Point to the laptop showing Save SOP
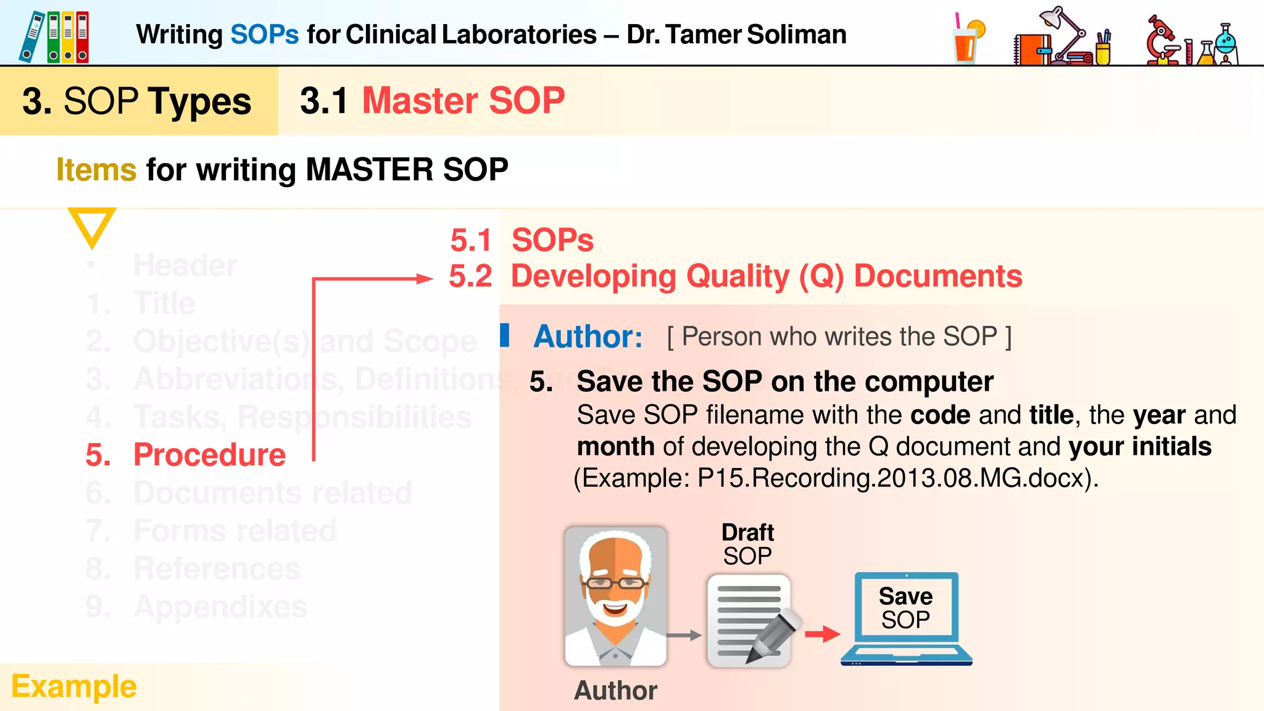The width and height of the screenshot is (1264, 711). click(906, 618)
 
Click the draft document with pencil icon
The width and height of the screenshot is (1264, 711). click(750, 621)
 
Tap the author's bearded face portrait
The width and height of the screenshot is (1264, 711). click(615, 596)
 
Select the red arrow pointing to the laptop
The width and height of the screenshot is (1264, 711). click(823, 633)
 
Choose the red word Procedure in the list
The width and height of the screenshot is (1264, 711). click(209, 455)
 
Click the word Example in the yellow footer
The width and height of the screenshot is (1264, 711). click(74, 686)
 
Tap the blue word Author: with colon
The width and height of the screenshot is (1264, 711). click(588, 337)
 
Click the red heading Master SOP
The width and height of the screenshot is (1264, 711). click(464, 101)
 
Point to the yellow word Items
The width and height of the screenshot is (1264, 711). click(96, 170)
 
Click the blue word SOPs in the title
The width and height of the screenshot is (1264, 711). click(264, 35)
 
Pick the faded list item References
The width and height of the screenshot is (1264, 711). click(217, 568)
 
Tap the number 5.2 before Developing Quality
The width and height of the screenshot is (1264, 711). click(470, 276)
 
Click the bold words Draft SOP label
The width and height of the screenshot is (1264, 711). click(747, 544)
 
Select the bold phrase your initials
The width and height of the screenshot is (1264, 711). click(1140, 447)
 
